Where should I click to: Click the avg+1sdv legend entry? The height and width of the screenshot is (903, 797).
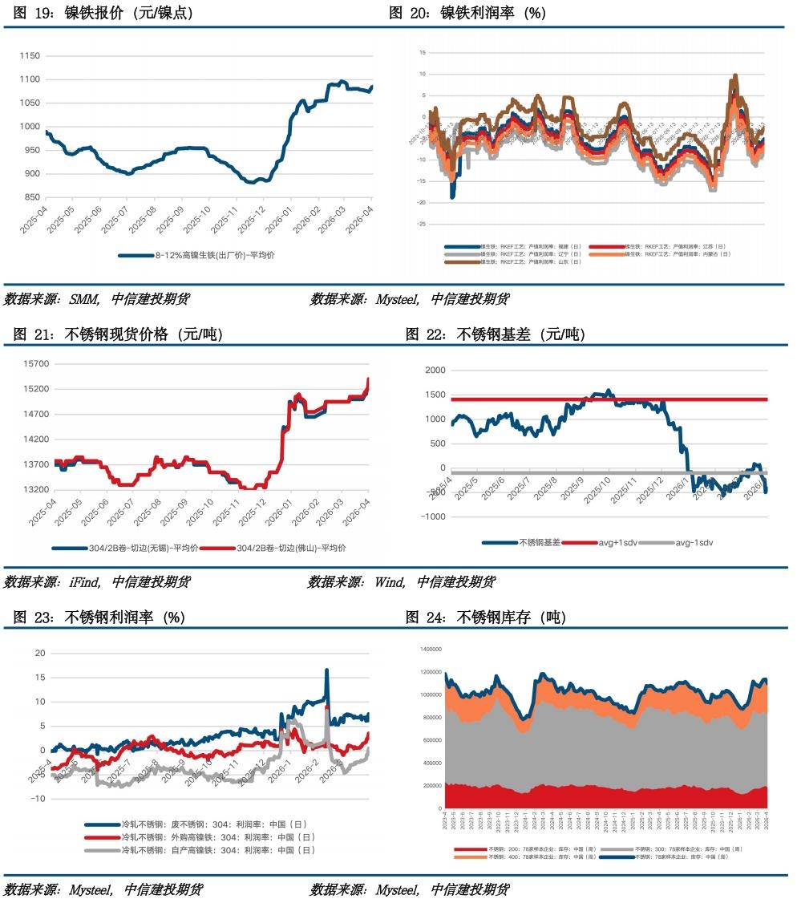(610, 542)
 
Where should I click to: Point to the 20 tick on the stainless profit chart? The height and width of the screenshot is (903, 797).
(39, 653)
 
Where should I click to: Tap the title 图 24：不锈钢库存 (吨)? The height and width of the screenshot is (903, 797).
(486, 617)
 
